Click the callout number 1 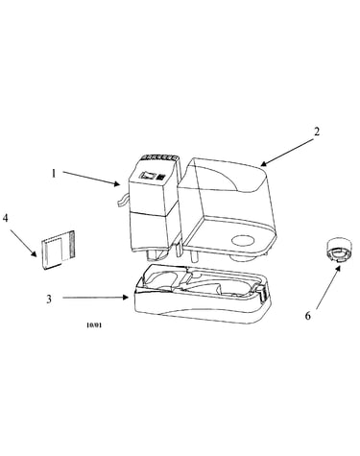tap(54, 174)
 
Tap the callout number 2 tap(317, 132)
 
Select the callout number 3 tap(49, 300)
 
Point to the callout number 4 tap(6, 218)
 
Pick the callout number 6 tap(307, 316)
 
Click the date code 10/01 tap(94, 325)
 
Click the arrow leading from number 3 tap(95, 298)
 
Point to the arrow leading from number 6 tap(328, 287)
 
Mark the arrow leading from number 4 tap(23, 242)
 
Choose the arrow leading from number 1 tap(91, 179)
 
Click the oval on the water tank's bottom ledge tap(243, 240)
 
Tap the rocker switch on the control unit tap(148, 175)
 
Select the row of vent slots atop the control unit tap(159, 157)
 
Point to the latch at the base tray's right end tap(263, 293)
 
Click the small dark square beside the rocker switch tap(162, 177)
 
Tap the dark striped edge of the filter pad tap(72, 245)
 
